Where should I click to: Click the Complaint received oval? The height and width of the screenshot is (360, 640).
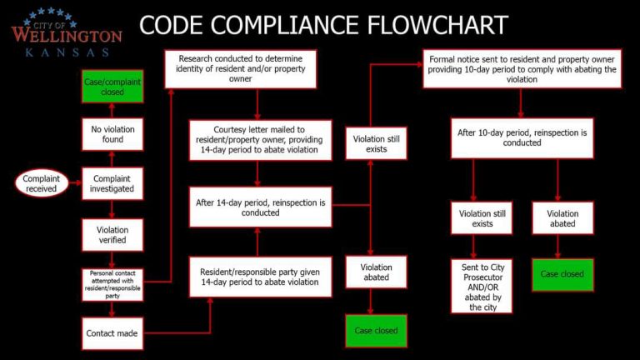pos(41,183)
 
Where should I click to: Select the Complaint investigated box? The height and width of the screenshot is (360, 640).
pos(112,183)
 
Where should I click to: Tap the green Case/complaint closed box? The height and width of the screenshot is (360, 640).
pos(112,87)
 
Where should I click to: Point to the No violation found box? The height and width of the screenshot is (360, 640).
pos(112,133)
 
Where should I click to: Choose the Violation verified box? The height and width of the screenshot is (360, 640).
pos(112,234)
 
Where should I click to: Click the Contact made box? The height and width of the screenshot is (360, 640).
pos(112,333)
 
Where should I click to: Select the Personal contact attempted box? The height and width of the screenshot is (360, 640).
pos(112,284)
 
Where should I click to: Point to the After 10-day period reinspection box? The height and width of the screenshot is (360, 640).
pos(522,137)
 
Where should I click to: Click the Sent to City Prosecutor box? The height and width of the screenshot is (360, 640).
pos(482,285)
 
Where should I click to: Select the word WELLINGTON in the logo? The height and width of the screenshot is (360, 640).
pos(67,36)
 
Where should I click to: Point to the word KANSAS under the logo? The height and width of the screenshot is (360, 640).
pos(67,52)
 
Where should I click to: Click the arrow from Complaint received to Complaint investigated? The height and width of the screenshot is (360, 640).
pos(74,183)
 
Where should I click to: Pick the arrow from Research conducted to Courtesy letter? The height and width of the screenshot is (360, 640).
pos(259,105)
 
